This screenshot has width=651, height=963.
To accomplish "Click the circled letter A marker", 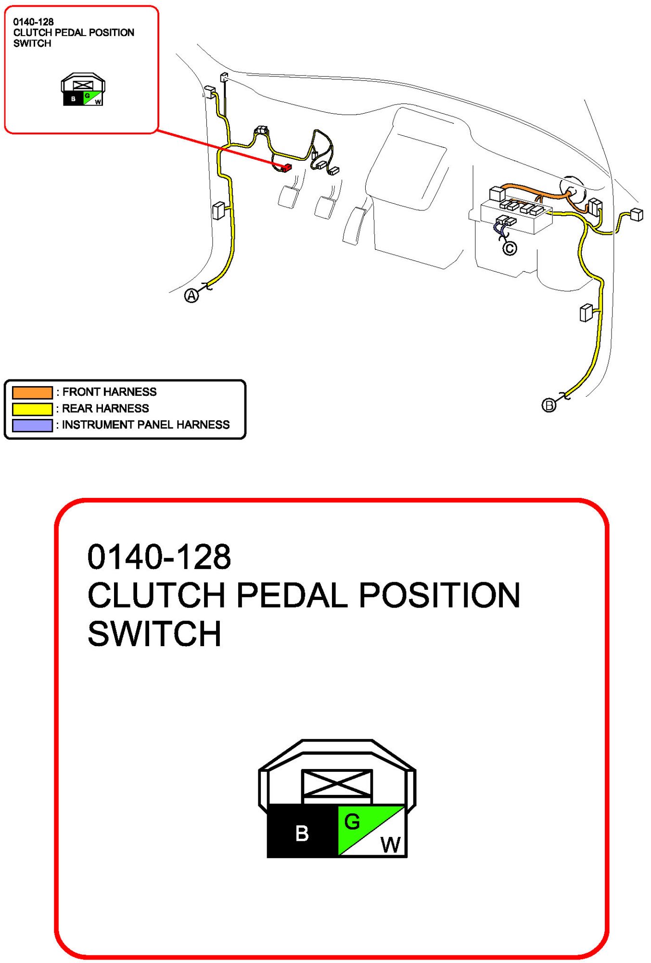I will click(x=191, y=296).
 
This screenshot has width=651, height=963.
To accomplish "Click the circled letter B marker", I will click(x=549, y=405).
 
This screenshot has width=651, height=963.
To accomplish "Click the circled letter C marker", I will click(x=510, y=248).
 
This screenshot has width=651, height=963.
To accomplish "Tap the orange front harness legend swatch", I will click(x=32, y=392).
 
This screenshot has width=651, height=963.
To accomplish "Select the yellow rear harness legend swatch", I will click(x=32, y=409).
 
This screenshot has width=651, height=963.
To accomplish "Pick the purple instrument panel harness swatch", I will click(x=32, y=425).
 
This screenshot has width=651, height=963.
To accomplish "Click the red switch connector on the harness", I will click(x=287, y=168).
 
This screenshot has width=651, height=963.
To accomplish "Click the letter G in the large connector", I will click(x=352, y=822).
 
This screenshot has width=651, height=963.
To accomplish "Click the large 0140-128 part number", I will click(x=159, y=557).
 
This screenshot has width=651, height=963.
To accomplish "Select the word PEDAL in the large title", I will click(x=292, y=596).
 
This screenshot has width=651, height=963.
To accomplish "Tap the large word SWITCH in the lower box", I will click(x=154, y=634).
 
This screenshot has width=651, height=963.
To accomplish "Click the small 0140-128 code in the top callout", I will click(x=33, y=22).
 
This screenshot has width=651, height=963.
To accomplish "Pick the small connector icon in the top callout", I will click(x=83, y=90).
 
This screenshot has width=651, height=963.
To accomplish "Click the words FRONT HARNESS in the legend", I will click(x=109, y=392).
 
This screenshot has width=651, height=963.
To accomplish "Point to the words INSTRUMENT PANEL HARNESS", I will click(x=146, y=425).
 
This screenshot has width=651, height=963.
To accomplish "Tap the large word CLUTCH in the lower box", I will click(x=156, y=596).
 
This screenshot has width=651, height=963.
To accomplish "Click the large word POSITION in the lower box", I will click(x=439, y=596).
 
